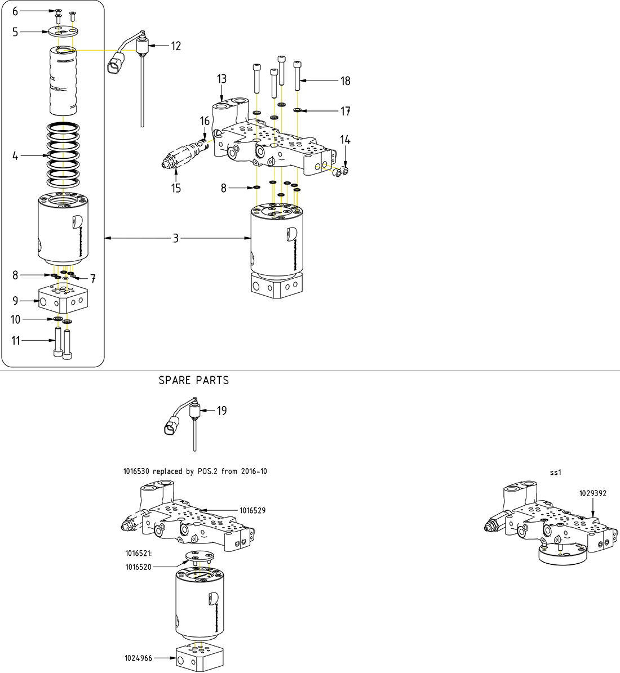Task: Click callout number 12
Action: pos(176,46)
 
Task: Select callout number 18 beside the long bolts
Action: pos(345,81)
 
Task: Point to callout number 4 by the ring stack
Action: pos(16,156)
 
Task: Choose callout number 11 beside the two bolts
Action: pos(16,340)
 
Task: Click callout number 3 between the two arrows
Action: pos(176,239)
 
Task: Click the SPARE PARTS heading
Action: pos(194,381)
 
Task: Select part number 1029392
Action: pos(592,493)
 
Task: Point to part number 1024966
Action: pos(138,657)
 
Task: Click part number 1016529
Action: pos(252,511)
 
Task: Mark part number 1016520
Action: pos(138,567)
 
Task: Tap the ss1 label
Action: pos(556,473)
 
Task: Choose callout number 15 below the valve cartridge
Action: pos(176,188)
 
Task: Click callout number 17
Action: pos(345,112)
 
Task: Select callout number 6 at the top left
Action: pos(16,11)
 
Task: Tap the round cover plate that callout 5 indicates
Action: pos(61,32)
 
